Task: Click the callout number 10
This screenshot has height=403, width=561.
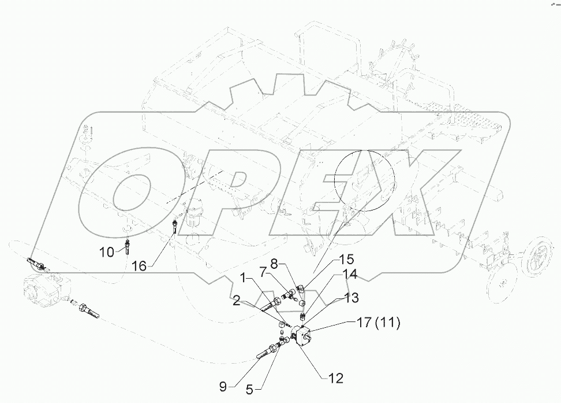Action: click(x=107, y=252)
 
